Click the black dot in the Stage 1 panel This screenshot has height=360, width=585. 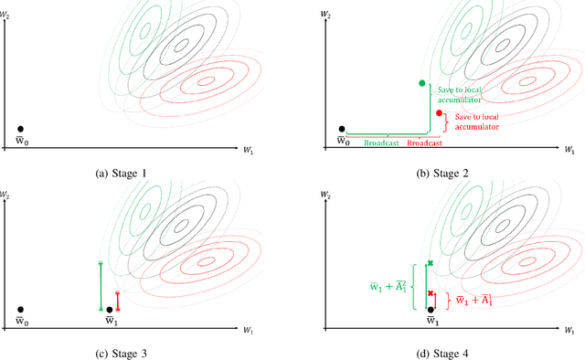click(21, 130)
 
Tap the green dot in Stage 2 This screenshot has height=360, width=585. click(421, 83)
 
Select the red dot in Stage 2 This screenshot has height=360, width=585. click(440, 114)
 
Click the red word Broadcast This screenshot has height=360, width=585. click(424, 143)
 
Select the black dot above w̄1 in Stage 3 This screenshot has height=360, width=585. click(110, 310)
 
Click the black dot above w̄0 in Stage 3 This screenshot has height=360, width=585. click(21, 310)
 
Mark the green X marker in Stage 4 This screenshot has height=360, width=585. click(430, 263)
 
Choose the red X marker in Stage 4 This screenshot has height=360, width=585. click(430, 292)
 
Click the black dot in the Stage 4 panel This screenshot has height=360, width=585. click(430, 310)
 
